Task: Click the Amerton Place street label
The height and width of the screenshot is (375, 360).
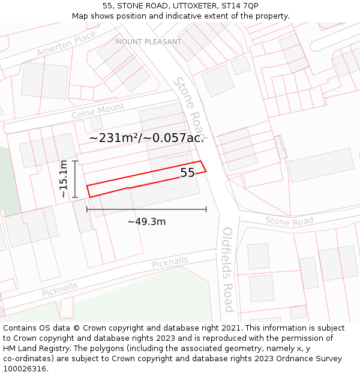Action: click(66, 44)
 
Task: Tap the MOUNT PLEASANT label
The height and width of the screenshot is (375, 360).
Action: click(148, 42)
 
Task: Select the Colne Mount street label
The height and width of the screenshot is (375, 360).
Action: click(98, 111)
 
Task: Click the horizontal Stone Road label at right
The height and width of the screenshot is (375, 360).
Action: click(289, 221)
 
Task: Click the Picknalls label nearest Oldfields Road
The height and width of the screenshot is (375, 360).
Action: click(170, 263)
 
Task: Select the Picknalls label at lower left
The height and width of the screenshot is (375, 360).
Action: click(59, 290)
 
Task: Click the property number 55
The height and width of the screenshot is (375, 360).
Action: click(187, 173)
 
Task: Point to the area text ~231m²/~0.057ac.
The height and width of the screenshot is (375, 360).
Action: click(146, 138)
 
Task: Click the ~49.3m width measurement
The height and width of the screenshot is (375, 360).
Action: click(146, 221)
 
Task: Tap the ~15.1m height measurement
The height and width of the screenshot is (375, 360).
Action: click(64, 179)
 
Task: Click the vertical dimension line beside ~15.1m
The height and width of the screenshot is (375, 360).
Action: click(74, 179)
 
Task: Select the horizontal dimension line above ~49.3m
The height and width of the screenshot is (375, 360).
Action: click(146, 209)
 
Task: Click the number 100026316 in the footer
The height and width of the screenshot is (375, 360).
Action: click(23, 368)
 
